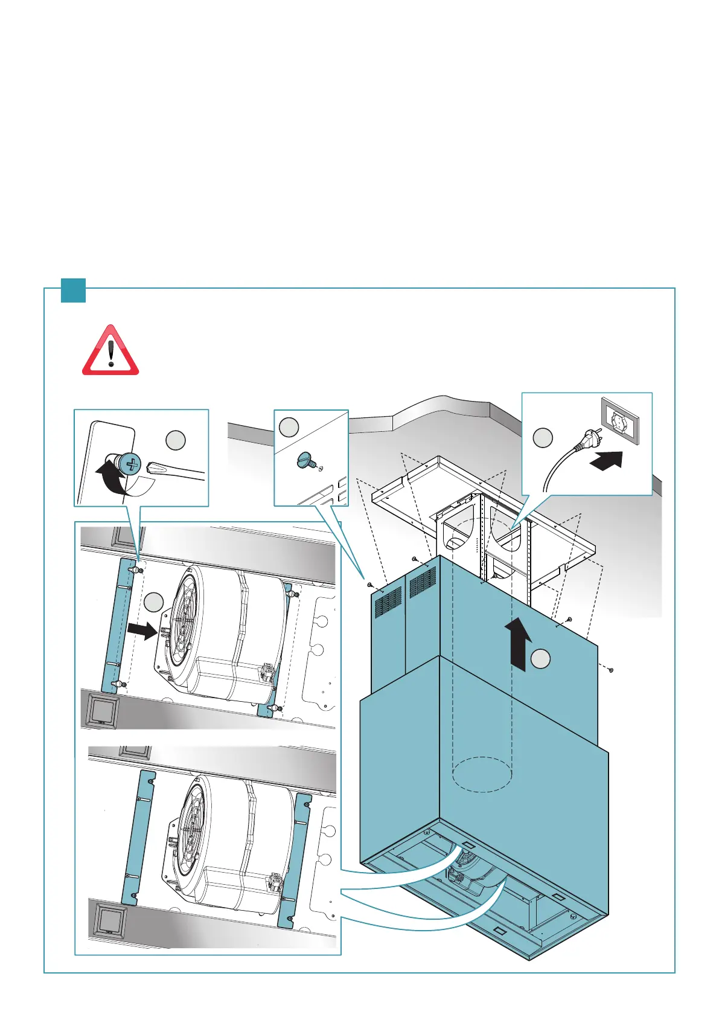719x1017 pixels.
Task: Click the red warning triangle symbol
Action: point(110,352)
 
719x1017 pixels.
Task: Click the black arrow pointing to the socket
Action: point(605,461)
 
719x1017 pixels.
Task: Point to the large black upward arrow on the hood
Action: point(519,643)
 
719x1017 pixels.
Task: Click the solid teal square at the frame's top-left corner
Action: point(73,290)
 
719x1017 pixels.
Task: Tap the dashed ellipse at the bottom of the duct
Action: point(482,775)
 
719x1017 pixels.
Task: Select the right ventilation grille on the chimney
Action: point(423,581)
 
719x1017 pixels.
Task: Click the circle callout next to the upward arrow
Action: point(541,659)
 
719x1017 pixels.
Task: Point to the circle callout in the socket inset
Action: point(543,438)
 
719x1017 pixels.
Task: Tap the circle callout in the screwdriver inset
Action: point(175,440)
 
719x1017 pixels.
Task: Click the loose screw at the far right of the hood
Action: point(611,670)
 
